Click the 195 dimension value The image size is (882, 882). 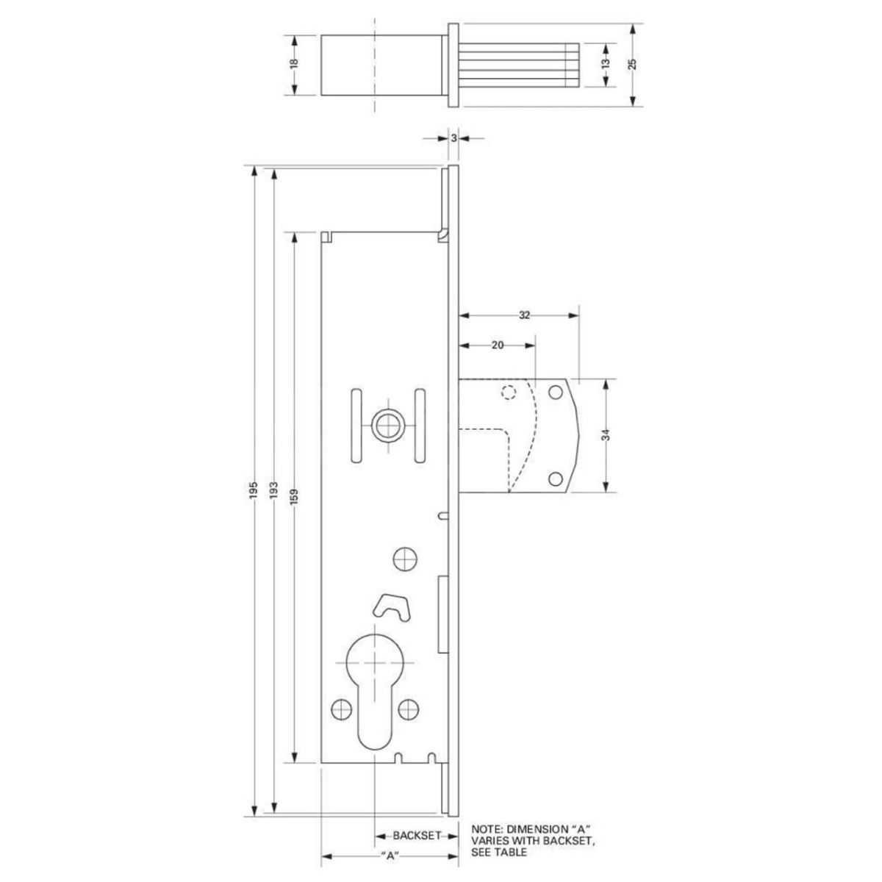click(252, 491)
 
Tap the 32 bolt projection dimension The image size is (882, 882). click(524, 315)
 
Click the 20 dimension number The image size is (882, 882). click(497, 345)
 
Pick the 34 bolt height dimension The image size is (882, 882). click(606, 436)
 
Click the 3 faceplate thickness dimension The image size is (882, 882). click(454, 137)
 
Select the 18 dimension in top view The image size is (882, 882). click(293, 64)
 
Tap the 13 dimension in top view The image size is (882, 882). click(605, 64)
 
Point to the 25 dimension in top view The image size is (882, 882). click(632, 64)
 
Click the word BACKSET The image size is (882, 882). click(416, 836)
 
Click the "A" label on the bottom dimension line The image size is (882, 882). click(390, 856)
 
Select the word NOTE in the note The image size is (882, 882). click(487, 828)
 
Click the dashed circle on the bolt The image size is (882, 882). click(507, 392)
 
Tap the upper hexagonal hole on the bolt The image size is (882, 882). click(556, 392)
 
